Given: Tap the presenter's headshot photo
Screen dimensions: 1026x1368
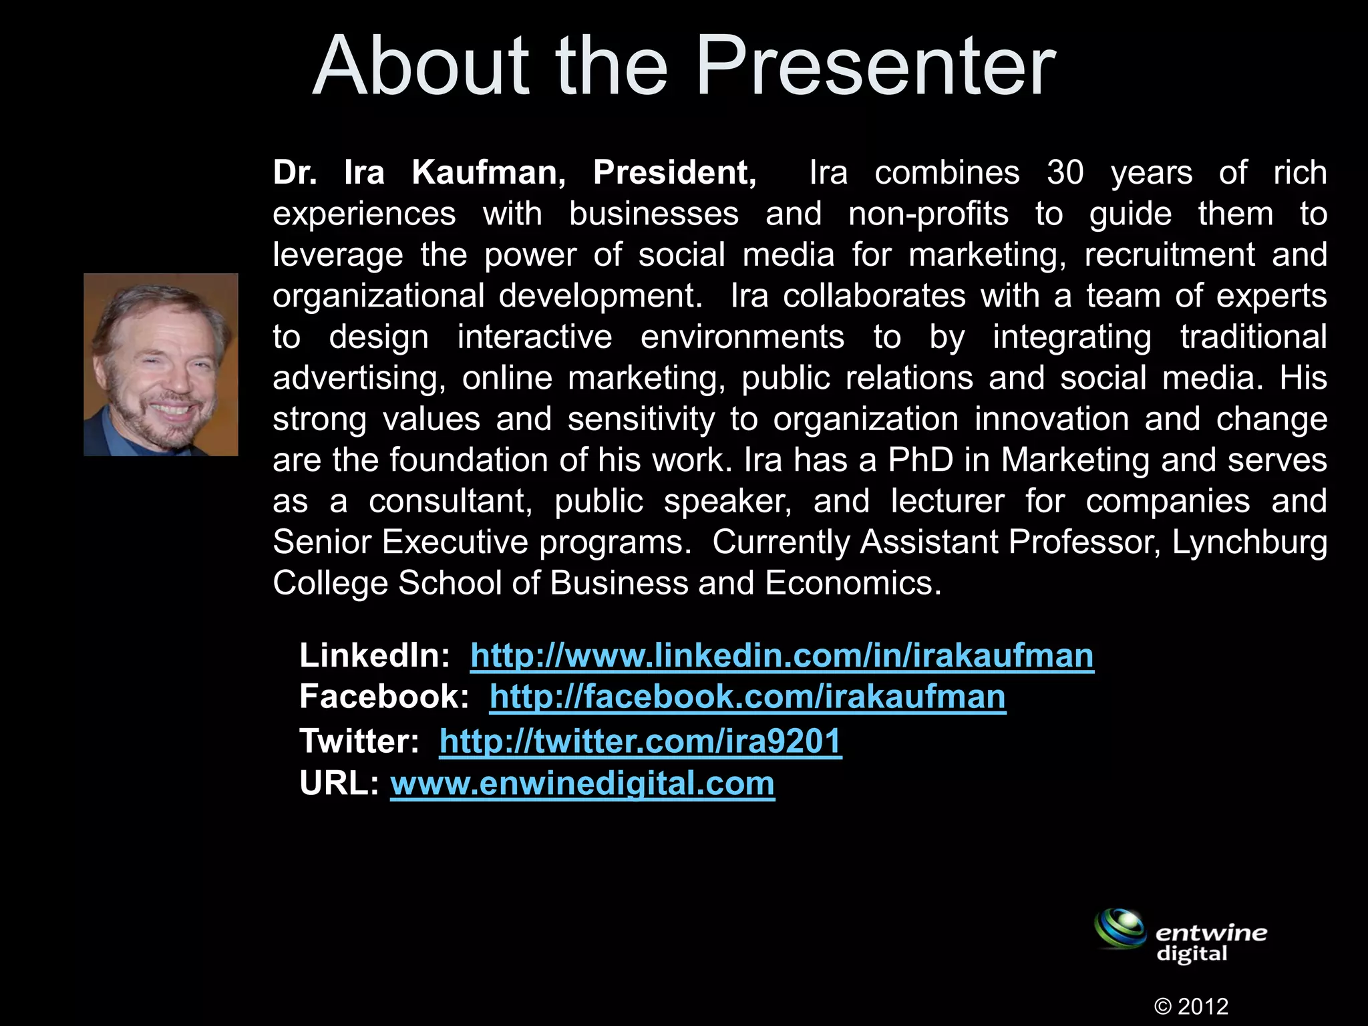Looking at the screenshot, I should click(160, 365).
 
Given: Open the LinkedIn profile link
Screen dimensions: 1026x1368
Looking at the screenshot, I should click(782, 655).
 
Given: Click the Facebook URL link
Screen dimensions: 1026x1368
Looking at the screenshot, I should click(747, 697).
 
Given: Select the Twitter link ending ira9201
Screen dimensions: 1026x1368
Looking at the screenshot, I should click(640, 741).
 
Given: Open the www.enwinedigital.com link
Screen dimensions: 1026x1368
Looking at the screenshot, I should click(582, 783).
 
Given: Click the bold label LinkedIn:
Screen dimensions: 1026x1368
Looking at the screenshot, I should click(375, 655).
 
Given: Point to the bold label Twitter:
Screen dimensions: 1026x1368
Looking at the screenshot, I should click(359, 741).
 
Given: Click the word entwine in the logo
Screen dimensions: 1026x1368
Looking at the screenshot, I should click(1210, 932).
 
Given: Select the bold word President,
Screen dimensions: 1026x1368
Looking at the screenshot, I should click(675, 172).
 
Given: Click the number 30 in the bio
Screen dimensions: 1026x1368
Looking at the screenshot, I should click(1065, 172).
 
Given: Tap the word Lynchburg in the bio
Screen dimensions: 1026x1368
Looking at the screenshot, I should click(1249, 542).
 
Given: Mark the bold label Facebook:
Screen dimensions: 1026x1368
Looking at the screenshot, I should click(384, 697).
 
